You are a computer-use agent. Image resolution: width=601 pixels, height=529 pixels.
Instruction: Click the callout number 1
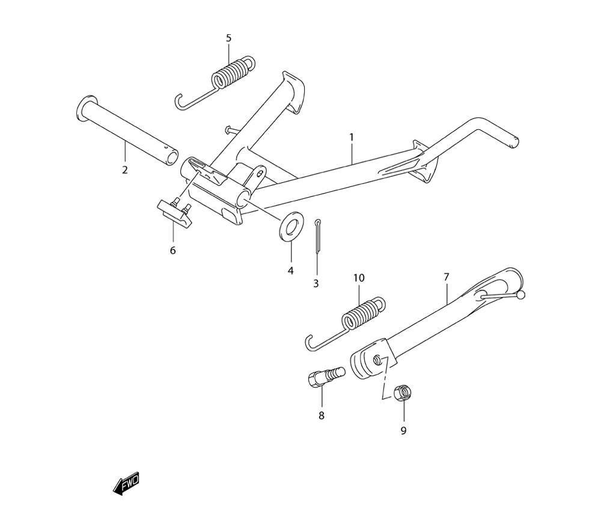pyautogui.click(x=352, y=137)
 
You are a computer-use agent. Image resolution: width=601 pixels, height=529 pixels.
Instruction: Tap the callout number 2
pyautogui.click(x=125, y=170)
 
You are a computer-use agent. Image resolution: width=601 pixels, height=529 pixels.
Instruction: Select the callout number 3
pyautogui.click(x=316, y=284)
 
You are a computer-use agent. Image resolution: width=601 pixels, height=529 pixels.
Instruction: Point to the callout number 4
pyautogui.click(x=290, y=271)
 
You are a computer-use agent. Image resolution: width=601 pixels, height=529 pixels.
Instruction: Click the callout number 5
pyautogui.click(x=229, y=38)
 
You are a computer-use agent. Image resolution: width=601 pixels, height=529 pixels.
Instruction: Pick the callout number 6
pyautogui.click(x=173, y=251)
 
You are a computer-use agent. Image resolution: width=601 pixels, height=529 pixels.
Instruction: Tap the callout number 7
pyautogui.click(x=446, y=277)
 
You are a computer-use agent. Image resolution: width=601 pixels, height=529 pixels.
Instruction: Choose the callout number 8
pyautogui.click(x=321, y=415)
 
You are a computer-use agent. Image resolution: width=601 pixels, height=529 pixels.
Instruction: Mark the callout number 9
pyautogui.click(x=403, y=431)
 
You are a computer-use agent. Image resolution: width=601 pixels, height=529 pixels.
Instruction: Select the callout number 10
pyautogui.click(x=359, y=278)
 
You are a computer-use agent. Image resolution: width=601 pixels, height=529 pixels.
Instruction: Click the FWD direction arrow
pyautogui.click(x=126, y=484)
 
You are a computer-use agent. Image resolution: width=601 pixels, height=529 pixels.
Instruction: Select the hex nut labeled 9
pyautogui.click(x=401, y=393)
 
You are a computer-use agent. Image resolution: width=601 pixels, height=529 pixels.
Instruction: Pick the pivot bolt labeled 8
pyautogui.click(x=326, y=376)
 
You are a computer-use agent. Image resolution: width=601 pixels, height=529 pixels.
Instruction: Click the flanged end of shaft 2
pyautogui.click(x=85, y=111)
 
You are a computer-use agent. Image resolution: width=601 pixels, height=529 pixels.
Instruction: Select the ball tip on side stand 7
pyautogui.click(x=520, y=295)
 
